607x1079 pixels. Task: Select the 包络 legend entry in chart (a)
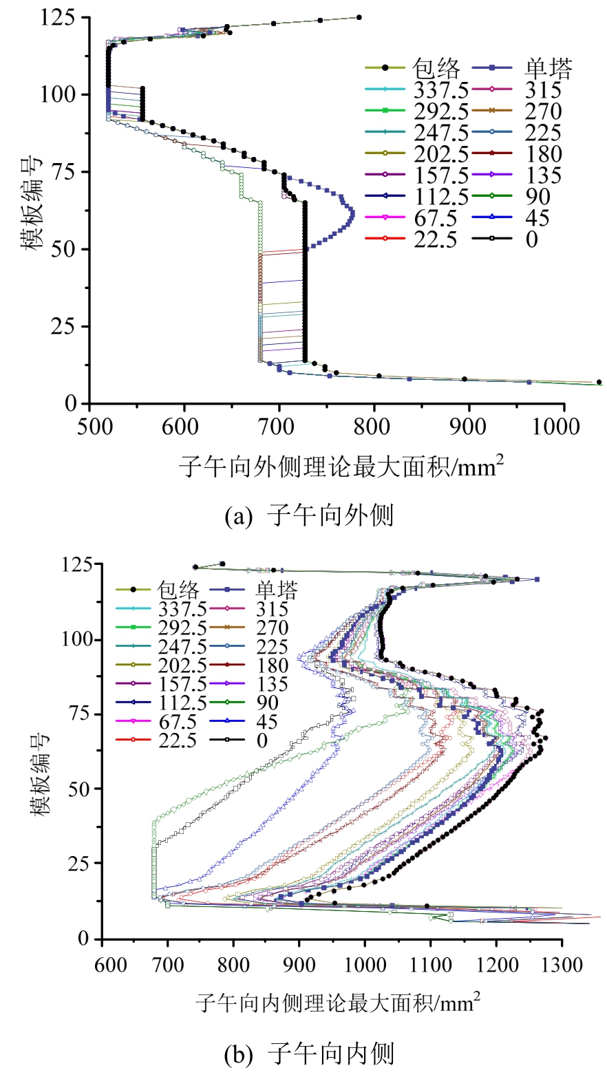(x=436, y=67)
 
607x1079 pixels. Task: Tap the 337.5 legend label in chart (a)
(x=440, y=89)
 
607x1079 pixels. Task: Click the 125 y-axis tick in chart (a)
(x=61, y=17)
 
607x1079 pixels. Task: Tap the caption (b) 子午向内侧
(x=309, y=1054)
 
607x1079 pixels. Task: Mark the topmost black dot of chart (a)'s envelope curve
(x=359, y=17)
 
